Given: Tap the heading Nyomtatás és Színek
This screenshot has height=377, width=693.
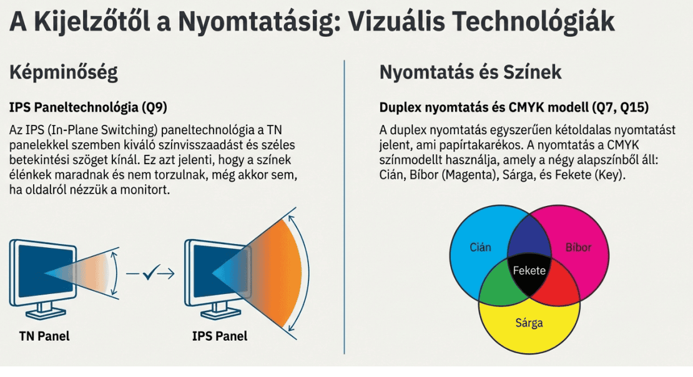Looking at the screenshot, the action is coord(470,72).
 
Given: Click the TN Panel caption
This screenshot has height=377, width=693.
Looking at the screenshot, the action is coord(44,336).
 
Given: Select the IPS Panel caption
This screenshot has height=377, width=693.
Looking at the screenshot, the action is coord(220,336).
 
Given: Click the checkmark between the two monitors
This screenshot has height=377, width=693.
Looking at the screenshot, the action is coord(150,273).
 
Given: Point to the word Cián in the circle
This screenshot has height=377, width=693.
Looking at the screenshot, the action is coord(480,247).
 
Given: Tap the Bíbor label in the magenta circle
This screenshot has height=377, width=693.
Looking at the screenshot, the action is coord(578,247).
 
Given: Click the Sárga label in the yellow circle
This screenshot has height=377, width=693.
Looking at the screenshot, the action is coord(529,323).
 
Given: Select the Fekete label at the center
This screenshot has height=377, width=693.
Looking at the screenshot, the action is coord(529,270).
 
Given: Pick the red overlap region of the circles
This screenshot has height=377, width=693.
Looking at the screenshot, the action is coord(564,287).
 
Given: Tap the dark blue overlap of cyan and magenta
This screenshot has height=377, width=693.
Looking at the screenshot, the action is coord(529,237).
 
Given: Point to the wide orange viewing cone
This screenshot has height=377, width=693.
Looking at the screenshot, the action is coord(274,273).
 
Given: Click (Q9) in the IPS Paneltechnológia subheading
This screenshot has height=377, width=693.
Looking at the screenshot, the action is coord(154,107).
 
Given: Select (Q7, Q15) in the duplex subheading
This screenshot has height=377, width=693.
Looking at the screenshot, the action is coord(621,107).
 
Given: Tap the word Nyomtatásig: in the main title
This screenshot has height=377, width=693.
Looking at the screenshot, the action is coord(260,22).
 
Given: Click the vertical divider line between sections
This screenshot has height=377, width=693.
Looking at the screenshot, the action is coord(344,207).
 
